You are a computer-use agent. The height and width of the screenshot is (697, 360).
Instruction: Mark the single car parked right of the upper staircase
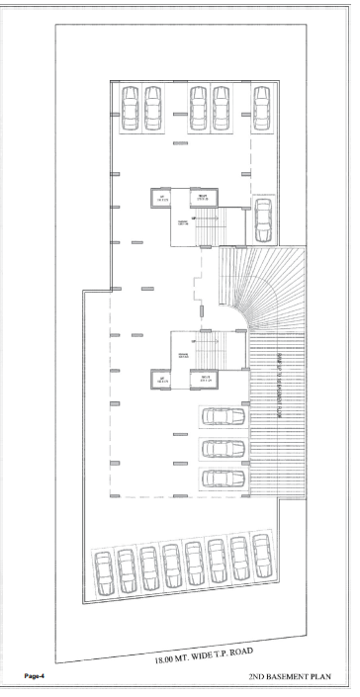[262, 218]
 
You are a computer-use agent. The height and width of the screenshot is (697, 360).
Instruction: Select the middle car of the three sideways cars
[223, 448]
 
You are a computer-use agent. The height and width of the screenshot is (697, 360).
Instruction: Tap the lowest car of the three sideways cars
[223, 479]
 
